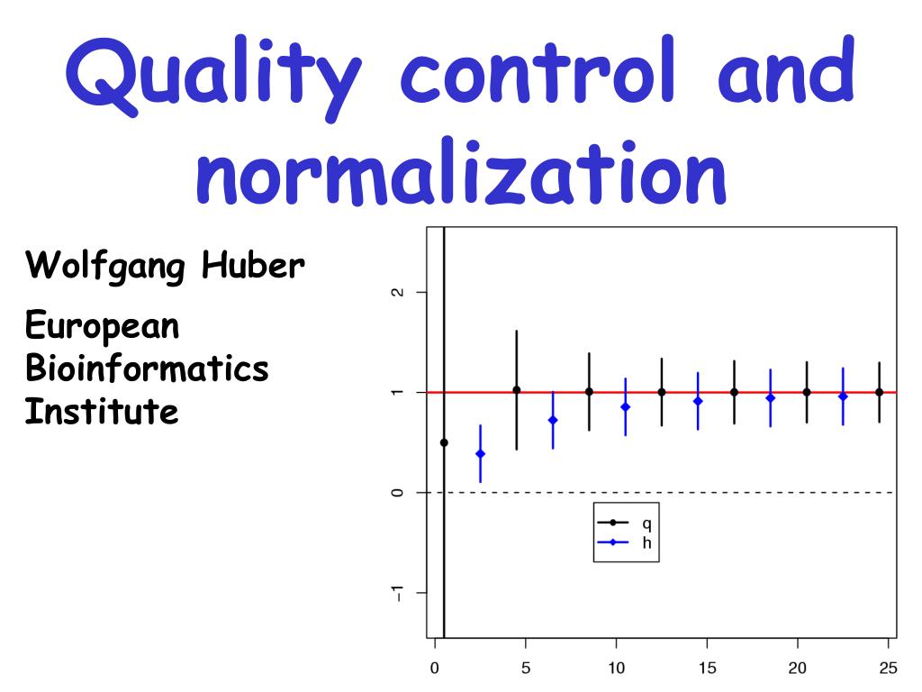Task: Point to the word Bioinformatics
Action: click(147, 368)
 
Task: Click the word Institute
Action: click(101, 412)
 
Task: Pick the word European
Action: click(102, 324)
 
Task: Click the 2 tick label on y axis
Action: click(397, 293)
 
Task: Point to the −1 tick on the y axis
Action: click(397, 592)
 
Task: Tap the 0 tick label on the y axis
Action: click(397, 493)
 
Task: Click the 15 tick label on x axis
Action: click(707, 669)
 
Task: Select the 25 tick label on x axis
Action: click(887, 669)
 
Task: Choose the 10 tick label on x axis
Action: click(616, 669)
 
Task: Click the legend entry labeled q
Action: click(646, 523)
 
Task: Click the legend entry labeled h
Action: click(646, 542)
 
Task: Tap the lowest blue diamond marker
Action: click(480, 454)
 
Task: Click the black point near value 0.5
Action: click(444, 442)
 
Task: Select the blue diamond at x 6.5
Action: click(553, 420)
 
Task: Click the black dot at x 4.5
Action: click(516, 390)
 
